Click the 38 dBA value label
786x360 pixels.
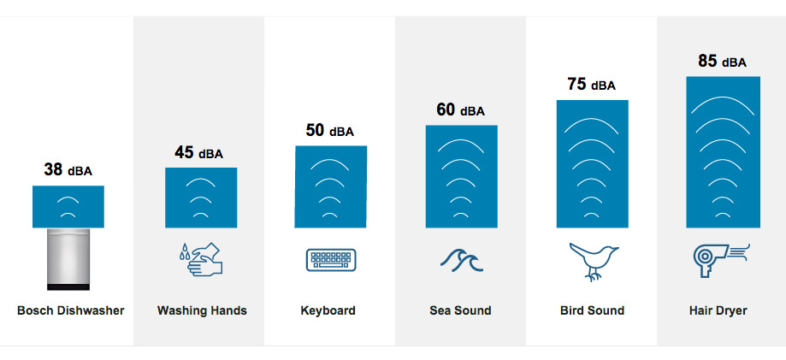point(68,169)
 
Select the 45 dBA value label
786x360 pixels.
point(199,152)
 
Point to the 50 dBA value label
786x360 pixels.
point(330,130)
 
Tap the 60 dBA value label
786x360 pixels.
point(461,109)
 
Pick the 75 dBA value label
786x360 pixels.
point(592,85)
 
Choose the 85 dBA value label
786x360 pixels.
point(723,62)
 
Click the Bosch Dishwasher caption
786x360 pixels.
point(71,310)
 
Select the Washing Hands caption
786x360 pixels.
point(202,310)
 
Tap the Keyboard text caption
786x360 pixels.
point(328,310)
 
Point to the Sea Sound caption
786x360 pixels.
point(460,310)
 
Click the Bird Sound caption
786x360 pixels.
point(592,310)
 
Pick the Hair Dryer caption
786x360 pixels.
point(718,310)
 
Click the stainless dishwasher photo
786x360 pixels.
point(68,259)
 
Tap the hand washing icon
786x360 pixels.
point(200,259)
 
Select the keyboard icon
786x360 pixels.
point(331,260)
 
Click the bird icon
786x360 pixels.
point(594,261)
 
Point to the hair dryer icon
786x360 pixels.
point(721,260)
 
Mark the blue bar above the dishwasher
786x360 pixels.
point(68,207)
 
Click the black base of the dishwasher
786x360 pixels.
point(68,286)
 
